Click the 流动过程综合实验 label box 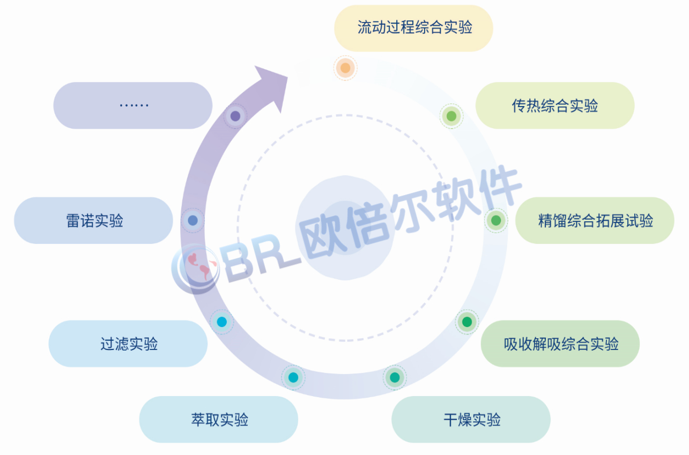413,28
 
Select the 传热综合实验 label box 554,106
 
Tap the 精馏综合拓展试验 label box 595,220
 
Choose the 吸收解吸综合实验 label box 560,344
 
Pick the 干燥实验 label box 471,419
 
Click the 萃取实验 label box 218,419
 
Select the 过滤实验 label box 128,344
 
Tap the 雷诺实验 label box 94,220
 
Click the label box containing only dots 133,106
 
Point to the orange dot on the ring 345,68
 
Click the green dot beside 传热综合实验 451,116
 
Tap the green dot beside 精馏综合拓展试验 496,220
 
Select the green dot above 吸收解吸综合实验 467,322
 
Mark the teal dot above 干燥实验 395,377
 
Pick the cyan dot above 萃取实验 293,377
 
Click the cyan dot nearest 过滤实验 221,322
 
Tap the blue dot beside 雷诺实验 193,220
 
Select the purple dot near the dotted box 235,116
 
